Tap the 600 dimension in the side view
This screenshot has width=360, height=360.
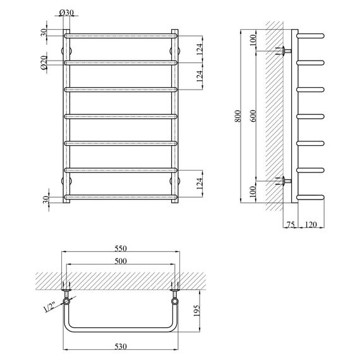click(254, 117)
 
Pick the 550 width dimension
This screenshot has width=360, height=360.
click(121, 248)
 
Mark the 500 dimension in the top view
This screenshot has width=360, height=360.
click(121, 261)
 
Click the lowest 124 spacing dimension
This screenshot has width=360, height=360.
click(200, 184)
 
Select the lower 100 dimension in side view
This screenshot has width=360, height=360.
click(254, 192)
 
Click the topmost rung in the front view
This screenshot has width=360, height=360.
click(120, 35)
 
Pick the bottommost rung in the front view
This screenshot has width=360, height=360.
click(120, 197)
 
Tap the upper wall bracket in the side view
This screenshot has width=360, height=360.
click(285, 51)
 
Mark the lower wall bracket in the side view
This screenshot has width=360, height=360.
click(285, 182)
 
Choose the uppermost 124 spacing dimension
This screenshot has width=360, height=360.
click(200, 49)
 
